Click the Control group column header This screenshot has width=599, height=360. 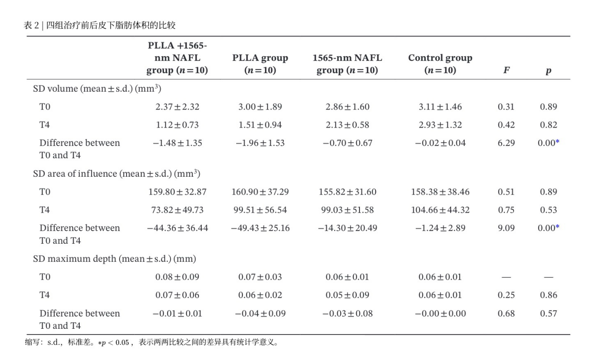pyautogui.click(x=440, y=64)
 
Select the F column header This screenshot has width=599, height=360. pyautogui.click(x=506, y=70)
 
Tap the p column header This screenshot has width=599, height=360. pyautogui.click(x=548, y=70)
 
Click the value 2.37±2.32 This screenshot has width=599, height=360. pyautogui.click(x=177, y=107)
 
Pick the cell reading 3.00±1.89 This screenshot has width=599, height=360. pyautogui.click(x=260, y=107)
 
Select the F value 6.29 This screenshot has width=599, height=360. pyautogui.click(x=506, y=143)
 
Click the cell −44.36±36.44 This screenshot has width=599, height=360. pyautogui.click(x=177, y=228)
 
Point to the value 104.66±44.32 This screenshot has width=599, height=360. pyautogui.click(x=440, y=210)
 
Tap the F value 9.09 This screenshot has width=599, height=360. pyautogui.click(x=506, y=228)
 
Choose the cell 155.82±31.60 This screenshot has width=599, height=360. pyautogui.click(x=347, y=192)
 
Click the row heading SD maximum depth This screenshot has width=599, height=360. pyautogui.click(x=114, y=258)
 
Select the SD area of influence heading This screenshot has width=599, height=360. pyautogui.click(x=117, y=173)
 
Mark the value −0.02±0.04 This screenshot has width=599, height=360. pyautogui.click(x=440, y=143)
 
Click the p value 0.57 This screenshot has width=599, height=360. pyautogui.click(x=548, y=313)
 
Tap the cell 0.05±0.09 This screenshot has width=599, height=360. pyautogui.click(x=347, y=295)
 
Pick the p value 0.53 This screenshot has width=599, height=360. pyautogui.click(x=548, y=210)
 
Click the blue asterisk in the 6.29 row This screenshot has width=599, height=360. pyautogui.click(x=557, y=141)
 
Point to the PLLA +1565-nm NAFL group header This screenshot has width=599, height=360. pyautogui.click(x=177, y=58)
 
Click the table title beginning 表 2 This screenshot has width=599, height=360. pyautogui.click(x=100, y=25)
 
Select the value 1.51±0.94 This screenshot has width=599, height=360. pyautogui.click(x=260, y=125)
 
